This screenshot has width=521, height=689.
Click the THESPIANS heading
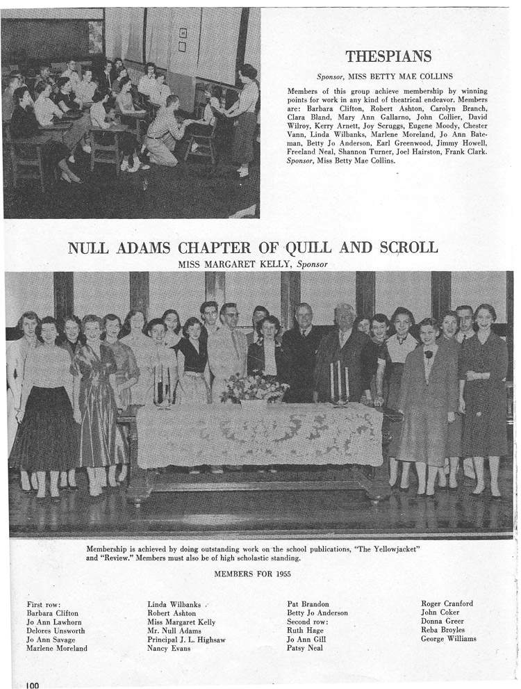pos(388,56)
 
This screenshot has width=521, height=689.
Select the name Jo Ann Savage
pos(51,639)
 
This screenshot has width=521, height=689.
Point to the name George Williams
pos(449,639)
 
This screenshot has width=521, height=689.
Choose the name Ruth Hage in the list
pos(306,631)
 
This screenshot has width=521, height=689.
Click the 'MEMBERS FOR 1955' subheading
pos(252,574)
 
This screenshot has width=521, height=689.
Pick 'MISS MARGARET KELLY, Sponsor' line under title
pos(252,264)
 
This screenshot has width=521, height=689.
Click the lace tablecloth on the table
pos(258,435)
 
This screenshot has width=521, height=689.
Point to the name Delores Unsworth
pos(57,631)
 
